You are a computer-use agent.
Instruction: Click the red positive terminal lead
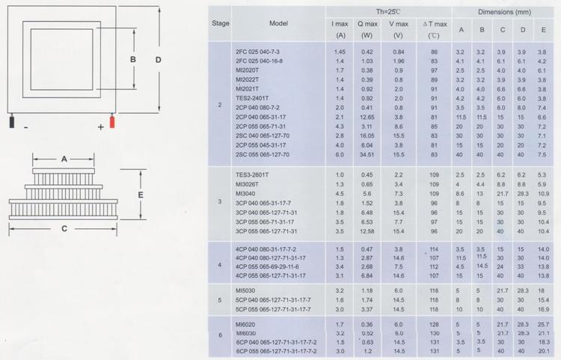(112, 120)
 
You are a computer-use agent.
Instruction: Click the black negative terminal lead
(12, 120)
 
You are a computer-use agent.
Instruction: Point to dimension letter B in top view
(132, 59)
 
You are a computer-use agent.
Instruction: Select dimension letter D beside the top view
(159, 60)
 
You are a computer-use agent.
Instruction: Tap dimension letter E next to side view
(141, 195)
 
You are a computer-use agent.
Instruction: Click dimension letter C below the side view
(64, 229)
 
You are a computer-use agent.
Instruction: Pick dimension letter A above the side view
(64, 159)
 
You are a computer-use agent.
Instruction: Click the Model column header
(278, 24)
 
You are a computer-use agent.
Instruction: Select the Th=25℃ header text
(388, 12)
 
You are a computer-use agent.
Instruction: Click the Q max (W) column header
(367, 29)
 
